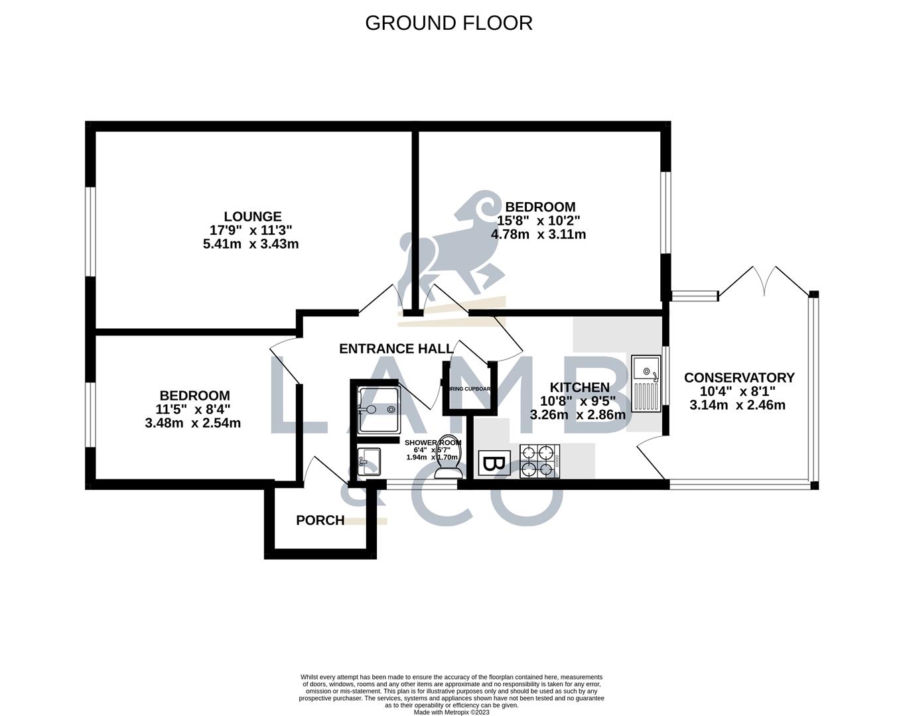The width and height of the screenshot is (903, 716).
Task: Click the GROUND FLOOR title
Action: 449,23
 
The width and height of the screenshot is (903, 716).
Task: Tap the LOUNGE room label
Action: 252,217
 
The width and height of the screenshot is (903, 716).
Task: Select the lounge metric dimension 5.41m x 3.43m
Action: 251,244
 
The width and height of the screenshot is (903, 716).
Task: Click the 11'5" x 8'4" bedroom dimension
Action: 193,409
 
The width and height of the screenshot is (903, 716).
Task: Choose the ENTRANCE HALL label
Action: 396,349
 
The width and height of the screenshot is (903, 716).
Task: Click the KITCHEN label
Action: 579,387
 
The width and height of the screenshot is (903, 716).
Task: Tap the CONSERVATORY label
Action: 739,378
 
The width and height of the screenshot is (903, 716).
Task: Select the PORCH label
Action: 320,520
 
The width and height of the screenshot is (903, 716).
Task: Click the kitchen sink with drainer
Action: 646,383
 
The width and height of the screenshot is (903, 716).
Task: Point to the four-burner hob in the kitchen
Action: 539,461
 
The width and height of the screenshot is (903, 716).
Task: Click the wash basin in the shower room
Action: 368,459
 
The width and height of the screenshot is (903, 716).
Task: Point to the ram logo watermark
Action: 451,242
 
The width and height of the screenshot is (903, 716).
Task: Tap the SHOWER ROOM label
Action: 433,442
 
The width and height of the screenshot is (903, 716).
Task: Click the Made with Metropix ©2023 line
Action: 451,713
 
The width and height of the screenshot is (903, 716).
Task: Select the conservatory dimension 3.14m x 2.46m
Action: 737,405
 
